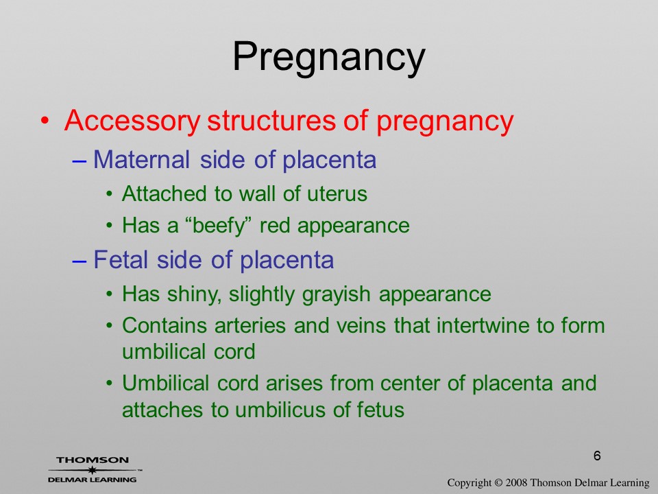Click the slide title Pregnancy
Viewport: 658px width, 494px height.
click(x=329, y=57)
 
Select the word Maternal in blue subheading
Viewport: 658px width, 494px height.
click(x=142, y=160)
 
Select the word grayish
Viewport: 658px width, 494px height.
click(x=336, y=294)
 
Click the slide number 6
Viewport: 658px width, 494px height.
click(x=597, y=456)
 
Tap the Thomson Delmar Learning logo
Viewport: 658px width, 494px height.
click(x=95, y=469)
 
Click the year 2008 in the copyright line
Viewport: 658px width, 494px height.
click(x=517, y=482)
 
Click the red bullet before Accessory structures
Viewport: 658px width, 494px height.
click(x=45, y=121)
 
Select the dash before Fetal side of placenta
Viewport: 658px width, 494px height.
click(x=80, y=261)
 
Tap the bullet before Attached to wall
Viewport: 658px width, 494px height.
click(x=109, y=194)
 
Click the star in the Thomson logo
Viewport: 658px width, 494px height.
click(x=92, y=470)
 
